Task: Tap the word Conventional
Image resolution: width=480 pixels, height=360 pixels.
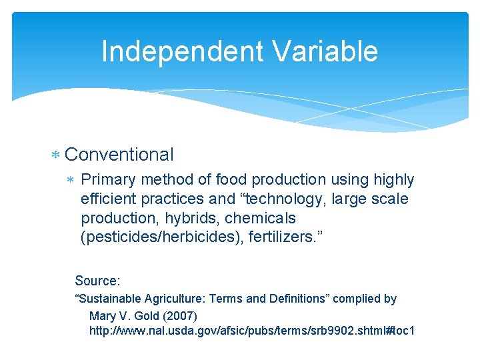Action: click(119, 155)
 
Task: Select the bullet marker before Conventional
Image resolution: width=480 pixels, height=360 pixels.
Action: click(56, 155)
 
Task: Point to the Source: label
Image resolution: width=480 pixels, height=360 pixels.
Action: click(97, 281)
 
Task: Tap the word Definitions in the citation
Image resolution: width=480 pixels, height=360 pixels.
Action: click(296, 299)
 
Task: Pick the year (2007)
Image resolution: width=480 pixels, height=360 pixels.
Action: click(184, 315)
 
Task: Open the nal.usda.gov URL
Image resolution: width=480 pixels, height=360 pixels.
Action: click(251, 330)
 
